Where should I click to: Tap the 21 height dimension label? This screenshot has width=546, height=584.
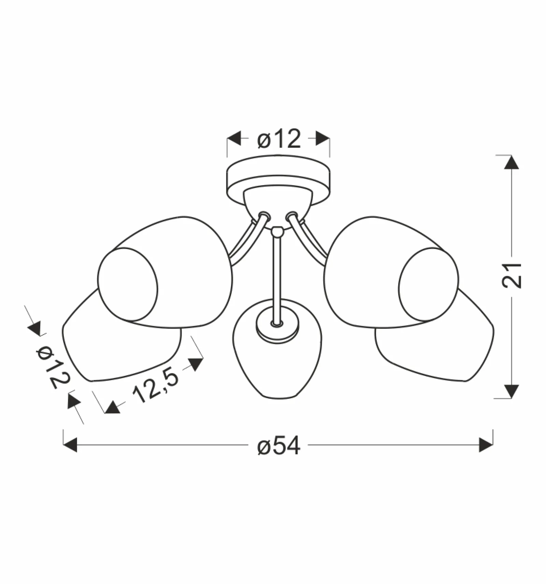tap(512, 275)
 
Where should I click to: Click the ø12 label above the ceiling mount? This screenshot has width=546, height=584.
tap(279, 139)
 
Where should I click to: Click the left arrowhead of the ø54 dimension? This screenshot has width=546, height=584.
tap(70, 445)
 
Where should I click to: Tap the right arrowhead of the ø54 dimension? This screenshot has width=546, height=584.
tap(486, 445)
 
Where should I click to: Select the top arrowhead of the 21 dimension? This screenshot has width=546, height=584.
tap(511, 162)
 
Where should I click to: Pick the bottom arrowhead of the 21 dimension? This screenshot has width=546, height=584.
tap(511, 391)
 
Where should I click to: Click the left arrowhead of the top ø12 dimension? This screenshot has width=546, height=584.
tap(234, 138)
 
